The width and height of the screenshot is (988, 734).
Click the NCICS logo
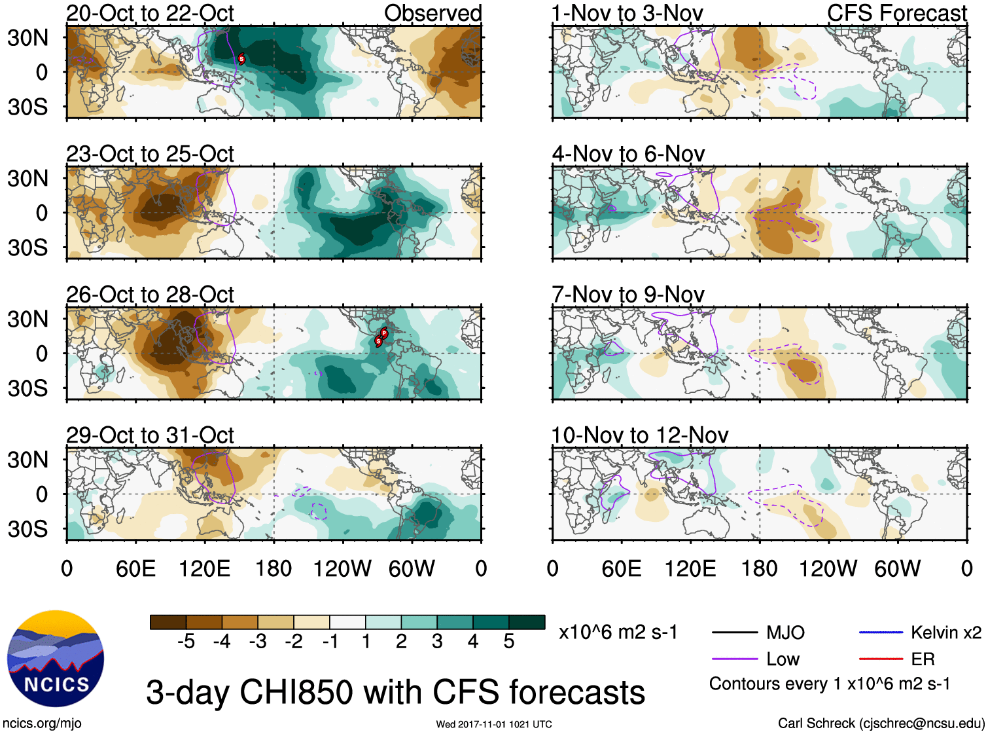tap(56, 659)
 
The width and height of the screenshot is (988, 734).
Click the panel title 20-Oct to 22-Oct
tap(150, 13)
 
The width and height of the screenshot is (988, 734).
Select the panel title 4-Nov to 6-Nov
tap(628, 154)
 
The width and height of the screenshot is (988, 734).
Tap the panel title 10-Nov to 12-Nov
tap(639, 435)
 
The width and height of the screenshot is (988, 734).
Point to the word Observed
tap(432, 13)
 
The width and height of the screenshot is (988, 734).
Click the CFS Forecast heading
tap(896, 13)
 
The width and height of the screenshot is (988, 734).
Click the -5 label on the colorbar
tap(186, 642)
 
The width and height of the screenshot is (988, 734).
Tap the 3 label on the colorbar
tap(437, 642)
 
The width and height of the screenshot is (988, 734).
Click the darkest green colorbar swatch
tap(527, 622)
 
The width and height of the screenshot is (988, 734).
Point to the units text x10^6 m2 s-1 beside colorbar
tap(618, 633)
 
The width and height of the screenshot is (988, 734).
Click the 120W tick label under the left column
tap(342, 568)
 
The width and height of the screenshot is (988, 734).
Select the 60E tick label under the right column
tap(621, 568)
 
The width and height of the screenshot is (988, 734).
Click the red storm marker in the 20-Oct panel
tap(241, 59)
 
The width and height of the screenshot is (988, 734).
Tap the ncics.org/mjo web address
tap(42, 724)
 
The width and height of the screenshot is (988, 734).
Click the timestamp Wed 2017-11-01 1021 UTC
tap(494, 724)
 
